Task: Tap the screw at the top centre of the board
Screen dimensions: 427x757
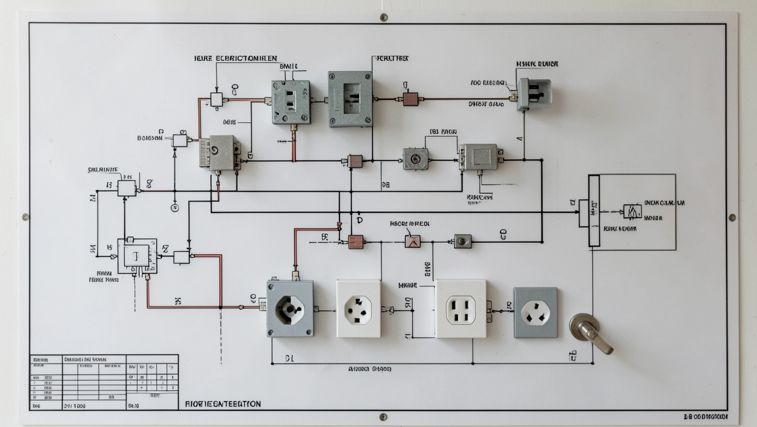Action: [x=384, y=17]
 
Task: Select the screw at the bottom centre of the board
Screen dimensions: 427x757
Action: [x=383, y=416]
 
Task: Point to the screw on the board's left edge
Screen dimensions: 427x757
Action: [x=26, y=217]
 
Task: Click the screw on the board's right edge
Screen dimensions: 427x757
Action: [x=732, y=217]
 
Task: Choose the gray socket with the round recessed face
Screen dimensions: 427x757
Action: [x=290, y=309]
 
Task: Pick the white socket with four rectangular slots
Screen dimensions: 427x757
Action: [x=460, y=309]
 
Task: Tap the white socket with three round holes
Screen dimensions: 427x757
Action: [x=358, y=309]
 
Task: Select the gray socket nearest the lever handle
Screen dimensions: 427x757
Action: [x=535, y=312]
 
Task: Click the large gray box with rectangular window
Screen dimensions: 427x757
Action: [x=350, y=98]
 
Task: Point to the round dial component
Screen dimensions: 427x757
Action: [x=415, y=159]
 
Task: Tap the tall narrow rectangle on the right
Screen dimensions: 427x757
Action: [x=594, y=211]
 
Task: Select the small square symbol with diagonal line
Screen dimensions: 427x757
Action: [x=412, y=241]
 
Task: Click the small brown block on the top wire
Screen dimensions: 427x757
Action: [x=410, y=99]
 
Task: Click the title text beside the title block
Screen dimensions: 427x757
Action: [x=223, y=404]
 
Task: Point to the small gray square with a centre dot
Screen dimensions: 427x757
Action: [x=463, y=241]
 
